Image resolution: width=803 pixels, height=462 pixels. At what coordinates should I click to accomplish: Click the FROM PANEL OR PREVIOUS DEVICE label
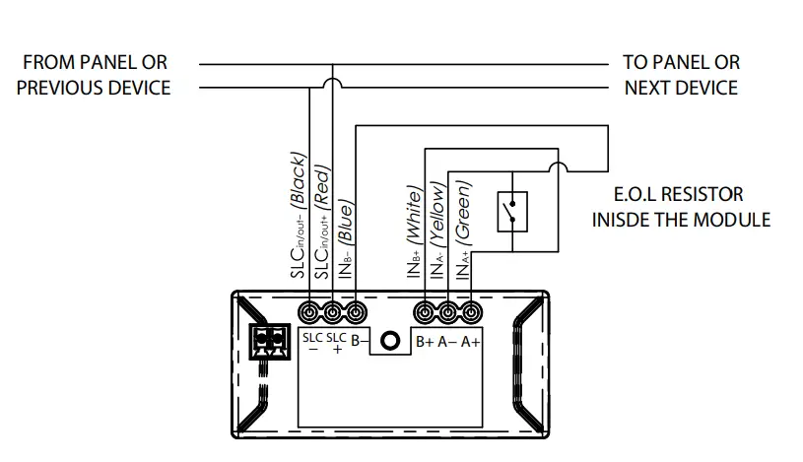click(x=94, y=75)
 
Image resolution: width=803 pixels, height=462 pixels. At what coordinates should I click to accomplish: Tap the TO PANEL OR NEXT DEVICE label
click(x=681, y=75)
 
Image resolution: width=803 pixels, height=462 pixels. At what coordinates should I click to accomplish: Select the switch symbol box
click(x=512, y=210)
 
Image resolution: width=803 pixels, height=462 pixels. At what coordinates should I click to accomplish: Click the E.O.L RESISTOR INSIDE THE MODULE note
click(x=681, y=207)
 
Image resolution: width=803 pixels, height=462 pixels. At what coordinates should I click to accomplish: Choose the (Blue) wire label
click(x=345, y=222)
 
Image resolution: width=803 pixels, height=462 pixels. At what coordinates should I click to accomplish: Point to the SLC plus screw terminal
click(x=333, y=313)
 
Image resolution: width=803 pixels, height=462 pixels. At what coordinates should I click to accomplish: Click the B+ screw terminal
click(x=426, y=313)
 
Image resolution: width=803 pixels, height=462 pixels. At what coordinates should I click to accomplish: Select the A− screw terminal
click(x=448, y=313)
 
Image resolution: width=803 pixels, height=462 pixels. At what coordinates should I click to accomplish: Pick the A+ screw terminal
click(x=471, y=313)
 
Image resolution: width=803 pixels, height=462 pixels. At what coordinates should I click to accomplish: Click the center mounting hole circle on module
click(x=390, y=341)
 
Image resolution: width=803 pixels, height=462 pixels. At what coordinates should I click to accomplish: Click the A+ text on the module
click(x=470, y=342)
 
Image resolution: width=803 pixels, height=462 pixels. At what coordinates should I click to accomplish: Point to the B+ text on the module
click(x=425, y=342)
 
